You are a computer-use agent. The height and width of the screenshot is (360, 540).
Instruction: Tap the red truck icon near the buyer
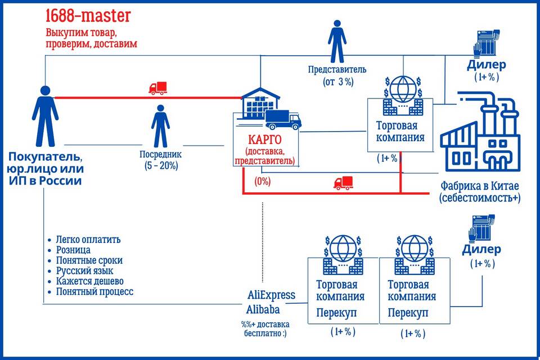click(158, 88)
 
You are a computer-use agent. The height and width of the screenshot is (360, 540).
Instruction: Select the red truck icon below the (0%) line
click(343, 182)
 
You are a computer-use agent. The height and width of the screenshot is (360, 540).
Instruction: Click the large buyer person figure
click(45, 116)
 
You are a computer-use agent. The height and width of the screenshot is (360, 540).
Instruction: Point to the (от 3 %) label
click(338, 82)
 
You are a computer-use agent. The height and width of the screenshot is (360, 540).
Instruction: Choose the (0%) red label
click(263, 181)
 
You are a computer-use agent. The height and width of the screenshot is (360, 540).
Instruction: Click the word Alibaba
click(264, 309)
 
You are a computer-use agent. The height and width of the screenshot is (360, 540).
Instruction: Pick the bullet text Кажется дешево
click(90, 281)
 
